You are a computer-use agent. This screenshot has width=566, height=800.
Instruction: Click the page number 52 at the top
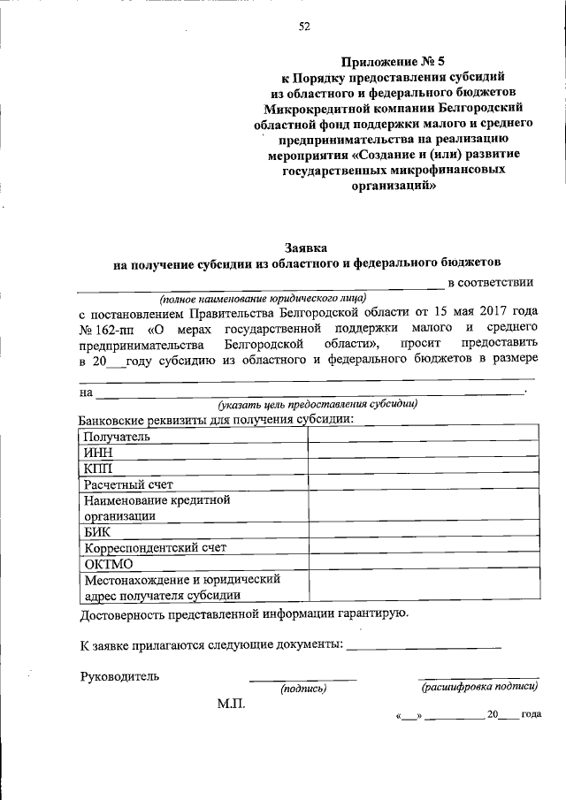(304, 27)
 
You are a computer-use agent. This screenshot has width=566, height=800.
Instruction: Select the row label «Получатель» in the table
(117, 437)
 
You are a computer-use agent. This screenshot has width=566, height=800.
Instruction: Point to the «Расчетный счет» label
(128, 484)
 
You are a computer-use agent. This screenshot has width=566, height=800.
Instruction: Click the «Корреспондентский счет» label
(155, 548)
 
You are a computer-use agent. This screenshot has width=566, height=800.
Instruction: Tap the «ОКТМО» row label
(108, 564)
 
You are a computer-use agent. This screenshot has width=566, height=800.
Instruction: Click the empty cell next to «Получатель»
(423, 437)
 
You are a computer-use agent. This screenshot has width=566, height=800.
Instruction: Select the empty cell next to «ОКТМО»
(423, 564)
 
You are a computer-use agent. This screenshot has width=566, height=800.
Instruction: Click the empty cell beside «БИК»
(423, 532)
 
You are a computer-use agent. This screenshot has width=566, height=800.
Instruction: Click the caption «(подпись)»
(303, 688)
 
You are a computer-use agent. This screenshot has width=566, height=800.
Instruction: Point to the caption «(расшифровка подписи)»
(478, 686)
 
